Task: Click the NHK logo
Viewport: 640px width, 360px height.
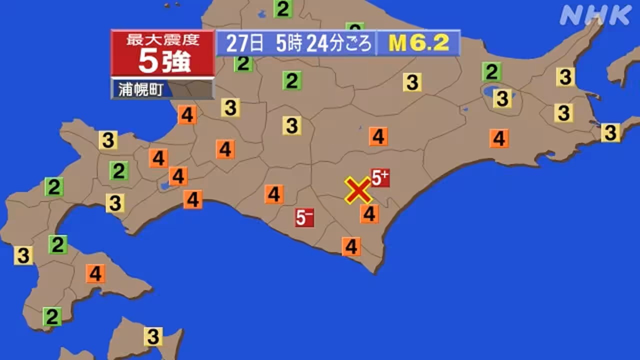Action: [x=595, y=15]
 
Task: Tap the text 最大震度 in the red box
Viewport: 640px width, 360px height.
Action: [x=162, y=40]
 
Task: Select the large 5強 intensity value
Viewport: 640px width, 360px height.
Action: [x=163, y=62]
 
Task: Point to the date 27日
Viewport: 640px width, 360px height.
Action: [x=244, y=44]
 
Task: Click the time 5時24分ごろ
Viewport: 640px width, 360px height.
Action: [x=324, y=44]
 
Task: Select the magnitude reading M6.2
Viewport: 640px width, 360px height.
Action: [x=418, y=43]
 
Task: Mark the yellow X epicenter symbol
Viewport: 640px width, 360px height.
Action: [x=358, y=190]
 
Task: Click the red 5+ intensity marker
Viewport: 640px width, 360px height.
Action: [x=380, y=177]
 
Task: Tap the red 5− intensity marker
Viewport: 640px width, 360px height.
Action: [x=304, y=217]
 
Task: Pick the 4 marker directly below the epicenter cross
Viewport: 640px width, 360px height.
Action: [x=369, y=214]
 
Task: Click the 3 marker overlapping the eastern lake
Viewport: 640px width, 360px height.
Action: [x=502, y=98]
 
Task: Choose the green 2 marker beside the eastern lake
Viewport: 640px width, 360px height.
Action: [x=491, y=72]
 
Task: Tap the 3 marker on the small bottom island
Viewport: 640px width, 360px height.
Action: [x=153, y=336]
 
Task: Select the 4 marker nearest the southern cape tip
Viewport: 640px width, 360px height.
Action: [x=351, y=246]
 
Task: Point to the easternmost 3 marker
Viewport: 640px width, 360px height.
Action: [x=610, y=132]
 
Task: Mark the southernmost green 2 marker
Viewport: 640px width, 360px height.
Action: [x=51, y=316]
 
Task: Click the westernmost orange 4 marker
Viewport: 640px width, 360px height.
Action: [x=95, y=273]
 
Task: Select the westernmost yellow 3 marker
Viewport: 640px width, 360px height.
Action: [x=23, y=255]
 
